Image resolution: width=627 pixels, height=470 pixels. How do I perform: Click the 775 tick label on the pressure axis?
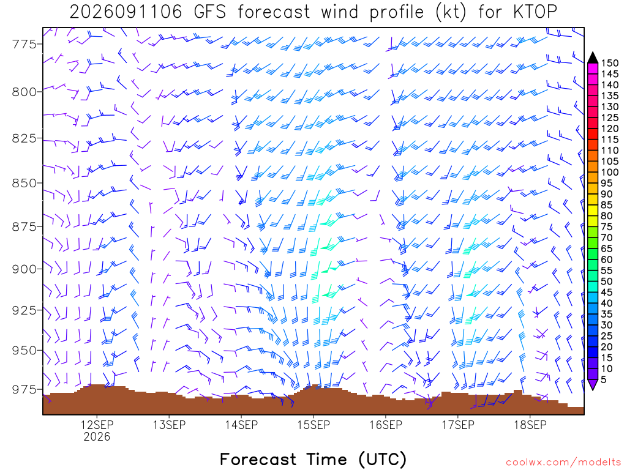(x=24, y=44)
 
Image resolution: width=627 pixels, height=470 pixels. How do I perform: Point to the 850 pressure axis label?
(x=24, y=183)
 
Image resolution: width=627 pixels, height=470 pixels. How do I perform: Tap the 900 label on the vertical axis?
(x=24, y=269)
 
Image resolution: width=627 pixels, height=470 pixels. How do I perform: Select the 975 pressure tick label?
(x=24, y=389)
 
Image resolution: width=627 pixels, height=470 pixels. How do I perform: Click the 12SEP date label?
(x=97, y=425)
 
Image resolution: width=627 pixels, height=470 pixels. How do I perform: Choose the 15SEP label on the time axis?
(x=313, y=425)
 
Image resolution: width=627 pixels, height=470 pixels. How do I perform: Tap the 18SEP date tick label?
(x=530, y=425)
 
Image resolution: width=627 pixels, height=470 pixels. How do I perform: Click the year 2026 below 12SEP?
(x=97, y=436)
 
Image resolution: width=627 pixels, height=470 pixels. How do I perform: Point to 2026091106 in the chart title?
(x=126, y=12)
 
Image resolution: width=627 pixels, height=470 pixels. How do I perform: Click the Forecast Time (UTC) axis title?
(x=313, y=459)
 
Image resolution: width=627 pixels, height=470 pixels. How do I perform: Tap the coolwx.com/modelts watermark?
(x=563, y=463)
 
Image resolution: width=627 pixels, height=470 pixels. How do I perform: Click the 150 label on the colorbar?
(x=610, y=63)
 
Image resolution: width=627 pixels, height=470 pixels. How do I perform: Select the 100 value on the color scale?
(x=610, y=172)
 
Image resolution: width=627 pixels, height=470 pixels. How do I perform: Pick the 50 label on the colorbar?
(x=607, y=282)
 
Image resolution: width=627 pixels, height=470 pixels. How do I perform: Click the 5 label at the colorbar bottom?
(x=604, y=379)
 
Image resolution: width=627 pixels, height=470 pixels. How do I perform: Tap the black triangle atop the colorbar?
(x=593, y=58)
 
